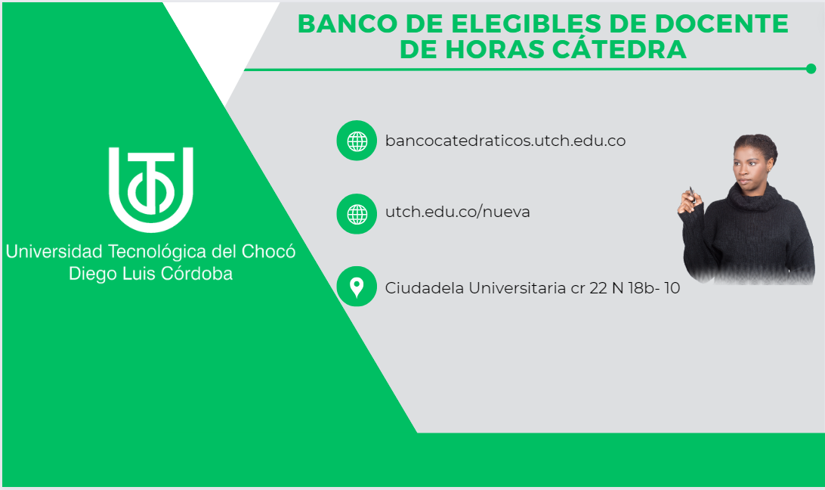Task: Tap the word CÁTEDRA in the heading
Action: click(620, 49)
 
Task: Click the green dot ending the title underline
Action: click(811, 69)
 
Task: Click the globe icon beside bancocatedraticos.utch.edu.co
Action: click(357, 141)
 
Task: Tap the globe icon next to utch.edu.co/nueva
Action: click(357, 214)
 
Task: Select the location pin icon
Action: click(357, 287)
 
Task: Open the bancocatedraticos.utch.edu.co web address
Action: click(505, 141)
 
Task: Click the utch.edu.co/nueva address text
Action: click(457, 212)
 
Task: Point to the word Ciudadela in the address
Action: click(424, 288)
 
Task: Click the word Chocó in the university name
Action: click(268, 252)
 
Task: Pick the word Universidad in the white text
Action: click(54, 252)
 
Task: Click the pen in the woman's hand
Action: click(692, 194)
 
